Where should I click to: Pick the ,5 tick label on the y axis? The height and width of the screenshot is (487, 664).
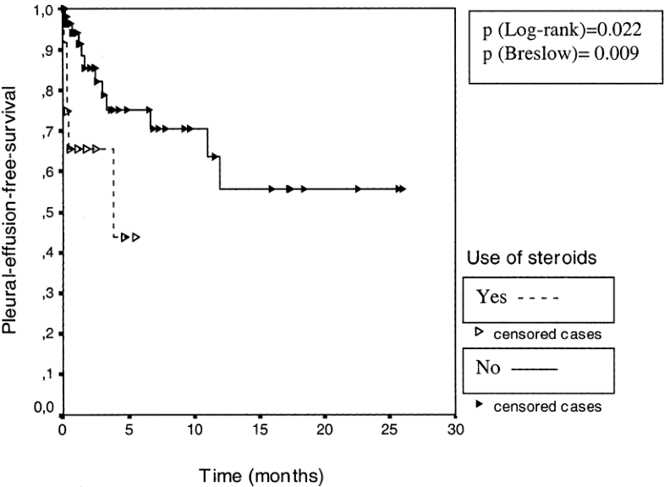[x=47, y=212]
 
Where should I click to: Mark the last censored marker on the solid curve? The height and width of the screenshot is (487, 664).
[x=403, y=189]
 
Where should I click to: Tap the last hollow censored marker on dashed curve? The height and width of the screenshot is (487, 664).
[x=135, y=238]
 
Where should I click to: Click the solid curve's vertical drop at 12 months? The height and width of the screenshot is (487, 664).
[x=220, y=172]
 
